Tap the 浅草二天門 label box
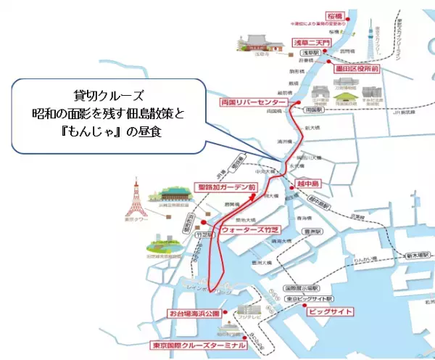[311, 43]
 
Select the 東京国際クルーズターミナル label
[197, 345]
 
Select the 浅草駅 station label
[310, 53]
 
